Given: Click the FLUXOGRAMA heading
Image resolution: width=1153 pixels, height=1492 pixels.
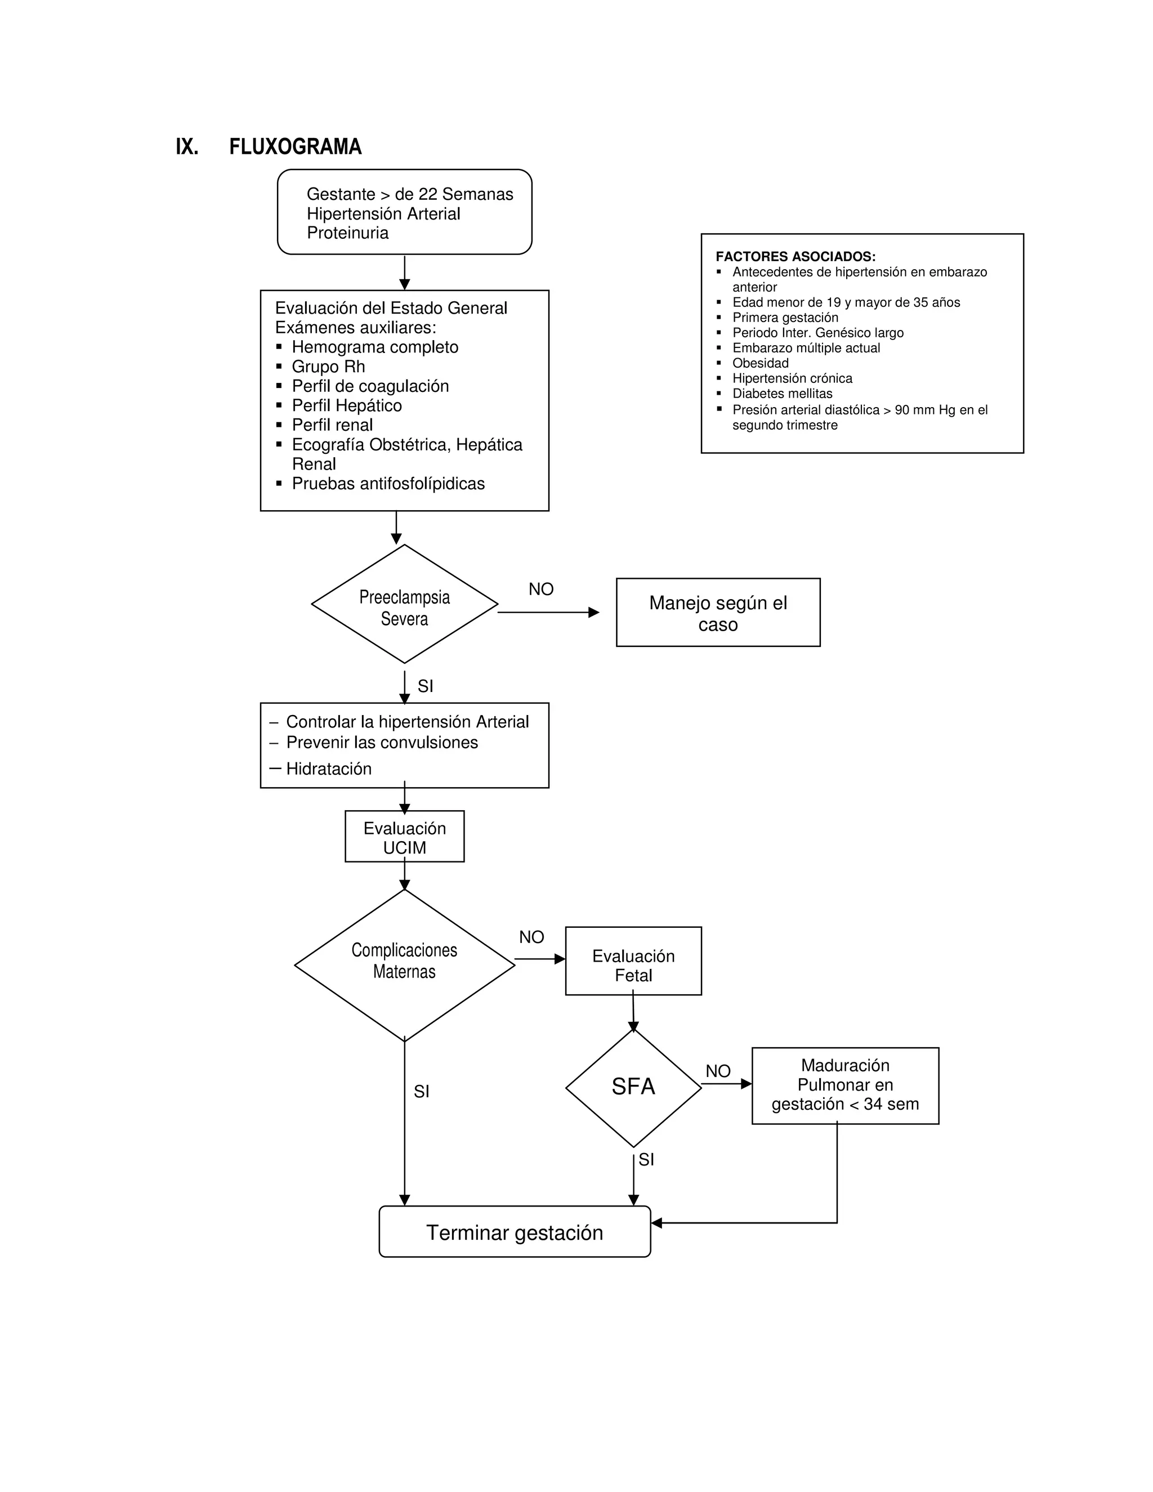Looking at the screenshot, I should coord(294,147).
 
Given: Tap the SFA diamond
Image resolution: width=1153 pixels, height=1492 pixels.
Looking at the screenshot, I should coord(633,1086).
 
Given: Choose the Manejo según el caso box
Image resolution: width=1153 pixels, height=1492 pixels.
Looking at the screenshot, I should coord(718,613).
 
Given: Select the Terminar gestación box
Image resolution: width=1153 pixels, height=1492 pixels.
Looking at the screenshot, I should coord(515,1232).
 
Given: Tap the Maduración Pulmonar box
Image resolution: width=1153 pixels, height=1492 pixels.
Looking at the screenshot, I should coord(845,1085).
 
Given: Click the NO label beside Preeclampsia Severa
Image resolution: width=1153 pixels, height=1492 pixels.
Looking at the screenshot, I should coord(541,589).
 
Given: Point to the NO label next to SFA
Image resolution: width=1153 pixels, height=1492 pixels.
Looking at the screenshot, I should coord(718,1071).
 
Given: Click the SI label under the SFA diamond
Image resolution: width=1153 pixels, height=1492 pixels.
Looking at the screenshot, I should coord(646,1159).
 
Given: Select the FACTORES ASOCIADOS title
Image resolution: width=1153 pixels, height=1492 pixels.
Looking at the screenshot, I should coord(795,257).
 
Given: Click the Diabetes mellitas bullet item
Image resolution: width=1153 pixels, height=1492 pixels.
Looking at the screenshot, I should coord(782,394).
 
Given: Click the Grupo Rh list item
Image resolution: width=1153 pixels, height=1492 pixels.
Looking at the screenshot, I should coord(328,367).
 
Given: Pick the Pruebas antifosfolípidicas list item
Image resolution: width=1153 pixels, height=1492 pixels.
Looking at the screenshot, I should coord(388,484).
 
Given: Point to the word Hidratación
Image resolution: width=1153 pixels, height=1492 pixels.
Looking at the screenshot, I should coord(329,769).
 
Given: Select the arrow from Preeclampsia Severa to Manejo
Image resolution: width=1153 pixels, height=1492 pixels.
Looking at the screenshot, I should coord(548,613).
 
